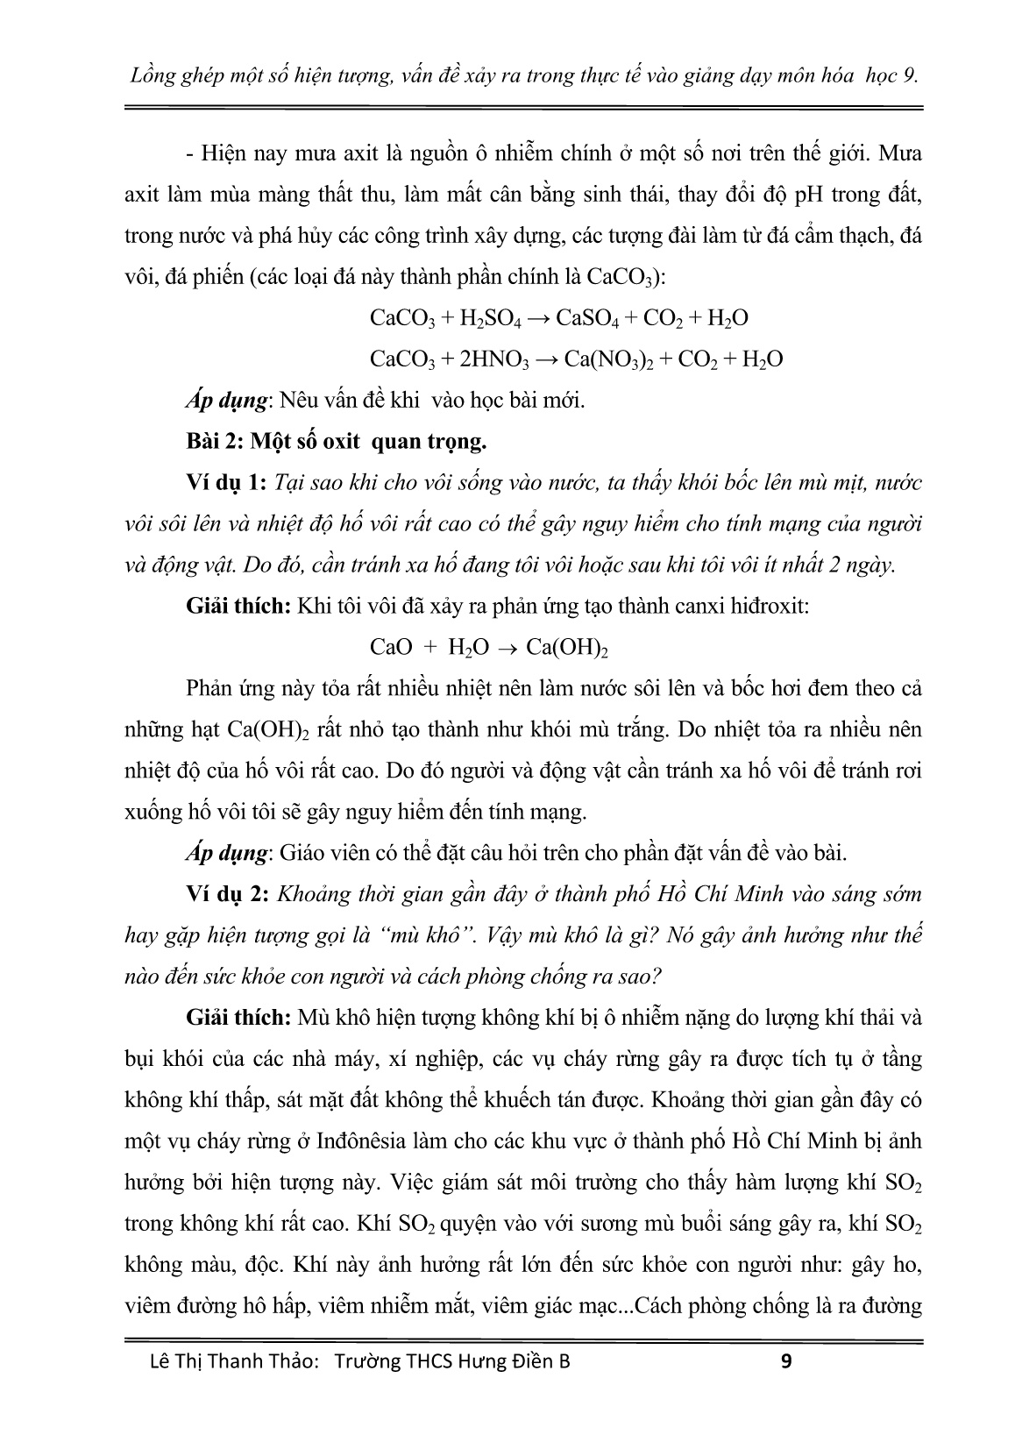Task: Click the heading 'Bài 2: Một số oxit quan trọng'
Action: pos(337,442)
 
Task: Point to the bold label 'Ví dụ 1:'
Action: pos(226,483)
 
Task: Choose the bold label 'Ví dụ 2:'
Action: pos(226,894)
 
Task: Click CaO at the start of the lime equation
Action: pos(391,648)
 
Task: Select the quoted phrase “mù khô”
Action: pos(423,935)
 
